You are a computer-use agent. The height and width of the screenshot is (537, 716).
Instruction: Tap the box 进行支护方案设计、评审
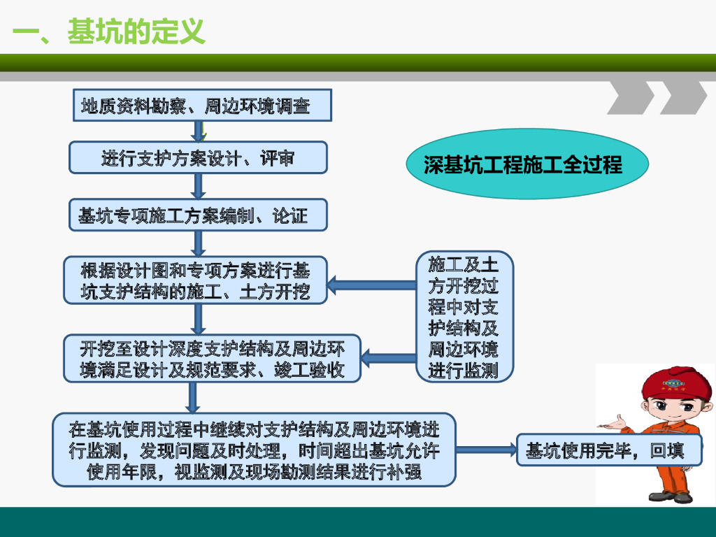point(198,157)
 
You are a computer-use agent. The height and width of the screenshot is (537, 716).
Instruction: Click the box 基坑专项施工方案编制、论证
point(198,215)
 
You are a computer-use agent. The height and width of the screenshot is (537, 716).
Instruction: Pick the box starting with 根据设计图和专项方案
point(195,280)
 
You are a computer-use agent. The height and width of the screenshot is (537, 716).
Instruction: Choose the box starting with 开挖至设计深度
point(213,359)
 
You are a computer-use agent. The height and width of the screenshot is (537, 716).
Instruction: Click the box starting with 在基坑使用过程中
point(255,450)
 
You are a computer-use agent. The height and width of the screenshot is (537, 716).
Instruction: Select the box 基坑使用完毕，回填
point(608,450)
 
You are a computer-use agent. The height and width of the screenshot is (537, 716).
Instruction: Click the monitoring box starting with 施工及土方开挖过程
point(463,317)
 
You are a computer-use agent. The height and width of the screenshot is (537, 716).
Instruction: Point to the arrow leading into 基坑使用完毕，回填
point(485,450)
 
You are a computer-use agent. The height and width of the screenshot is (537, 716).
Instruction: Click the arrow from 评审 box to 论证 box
point(198,186)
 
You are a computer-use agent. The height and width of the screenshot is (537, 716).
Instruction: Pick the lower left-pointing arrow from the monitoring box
point(389,359)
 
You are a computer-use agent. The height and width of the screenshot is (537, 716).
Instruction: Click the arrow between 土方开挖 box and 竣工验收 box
point(198,320)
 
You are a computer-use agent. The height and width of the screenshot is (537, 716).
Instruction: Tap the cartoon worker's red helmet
point(671,382)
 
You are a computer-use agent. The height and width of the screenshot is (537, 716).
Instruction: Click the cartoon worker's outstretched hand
point(615,422)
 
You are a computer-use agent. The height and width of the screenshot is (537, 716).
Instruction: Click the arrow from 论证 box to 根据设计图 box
point(198,243)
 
